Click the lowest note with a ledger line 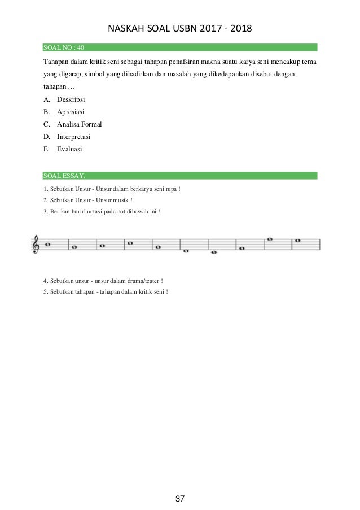click(213, 252)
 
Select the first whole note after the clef click(48, 245)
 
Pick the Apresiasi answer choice click(71, 112)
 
